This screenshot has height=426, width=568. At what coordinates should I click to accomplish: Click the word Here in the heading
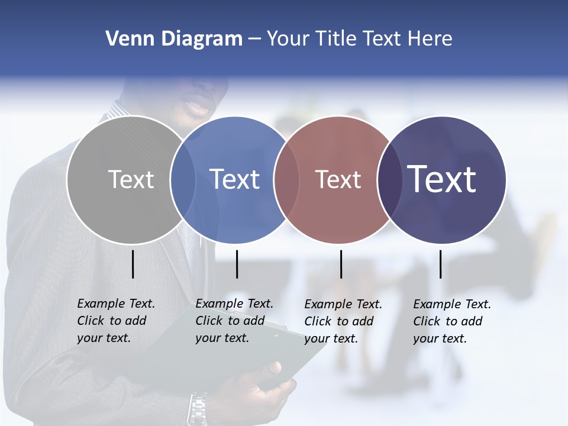pos(430,39)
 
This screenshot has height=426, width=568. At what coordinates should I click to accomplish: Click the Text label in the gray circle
pos(131,179)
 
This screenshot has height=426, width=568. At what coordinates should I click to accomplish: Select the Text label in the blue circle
pos(235,179)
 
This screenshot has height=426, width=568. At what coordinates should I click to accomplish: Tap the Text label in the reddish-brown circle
pos(338,180)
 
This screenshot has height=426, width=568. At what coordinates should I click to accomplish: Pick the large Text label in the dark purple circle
pos(442,179)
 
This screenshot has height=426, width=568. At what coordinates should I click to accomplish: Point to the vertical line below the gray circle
pos(133,264)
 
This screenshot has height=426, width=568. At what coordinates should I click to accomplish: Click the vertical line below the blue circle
pos(237,264)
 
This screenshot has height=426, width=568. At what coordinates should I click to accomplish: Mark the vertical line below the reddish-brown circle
pos(341,264)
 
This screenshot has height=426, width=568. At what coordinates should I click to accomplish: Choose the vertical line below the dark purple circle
pos(440,264)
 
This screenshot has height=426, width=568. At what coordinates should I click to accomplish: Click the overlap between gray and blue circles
pos(183,180)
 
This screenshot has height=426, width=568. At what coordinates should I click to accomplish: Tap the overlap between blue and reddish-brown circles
pos(286,180)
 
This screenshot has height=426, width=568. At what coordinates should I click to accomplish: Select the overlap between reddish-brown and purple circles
pos(389,180)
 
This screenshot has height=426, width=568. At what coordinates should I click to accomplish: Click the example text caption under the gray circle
pos(115,321)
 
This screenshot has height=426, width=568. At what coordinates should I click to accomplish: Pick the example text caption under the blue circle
pos(234,321)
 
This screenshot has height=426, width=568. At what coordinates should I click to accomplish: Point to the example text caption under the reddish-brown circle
pos(343,321)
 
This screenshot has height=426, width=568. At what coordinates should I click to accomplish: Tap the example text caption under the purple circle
pos(451,321)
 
